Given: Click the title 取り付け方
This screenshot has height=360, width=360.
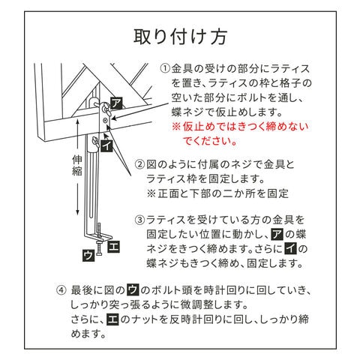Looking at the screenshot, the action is tap(180, 37).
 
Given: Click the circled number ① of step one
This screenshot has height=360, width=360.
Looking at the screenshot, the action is tap(165, 68).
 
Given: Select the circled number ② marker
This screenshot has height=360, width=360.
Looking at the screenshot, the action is tap(139, 164).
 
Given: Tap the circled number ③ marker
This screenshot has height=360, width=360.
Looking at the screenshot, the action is tap(139, 220).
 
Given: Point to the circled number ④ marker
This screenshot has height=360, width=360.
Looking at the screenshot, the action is tap(61, 290).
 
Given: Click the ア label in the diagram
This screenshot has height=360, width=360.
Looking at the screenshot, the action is tap(116, 103).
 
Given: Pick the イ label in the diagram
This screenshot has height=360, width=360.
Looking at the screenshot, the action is tap(106, 145).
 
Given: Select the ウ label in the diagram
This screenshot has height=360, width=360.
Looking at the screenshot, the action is tap(88, 256).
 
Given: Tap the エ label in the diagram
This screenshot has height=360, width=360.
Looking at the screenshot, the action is tap(113, 247).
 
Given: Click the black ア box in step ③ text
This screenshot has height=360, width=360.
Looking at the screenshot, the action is tap(277, 234).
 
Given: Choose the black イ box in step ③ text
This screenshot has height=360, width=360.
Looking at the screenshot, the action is tap(290, 249).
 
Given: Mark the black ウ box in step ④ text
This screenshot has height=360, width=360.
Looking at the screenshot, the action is tap(133, 290).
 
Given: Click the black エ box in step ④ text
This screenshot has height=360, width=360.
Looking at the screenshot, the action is tap(112, 319).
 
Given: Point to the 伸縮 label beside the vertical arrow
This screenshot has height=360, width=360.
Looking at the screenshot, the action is tap(77, 166).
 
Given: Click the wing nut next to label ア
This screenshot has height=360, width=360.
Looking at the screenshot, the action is tap(104, 108).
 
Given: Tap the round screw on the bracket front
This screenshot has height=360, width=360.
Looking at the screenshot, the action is tap(105, 121).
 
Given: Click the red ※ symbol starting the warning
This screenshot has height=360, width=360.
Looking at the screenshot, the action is tap(176, 127).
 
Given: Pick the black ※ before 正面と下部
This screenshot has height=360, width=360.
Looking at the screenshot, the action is tap(151, 193).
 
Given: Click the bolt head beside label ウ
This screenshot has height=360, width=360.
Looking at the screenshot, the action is tap(99, 254).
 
